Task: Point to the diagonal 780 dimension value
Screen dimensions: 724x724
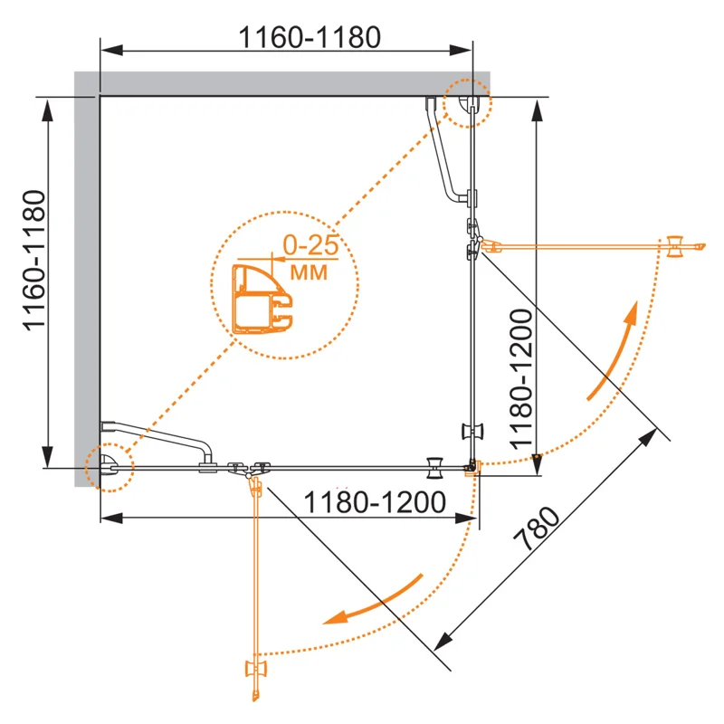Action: pos(536,531)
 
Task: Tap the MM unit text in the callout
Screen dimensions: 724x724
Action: pos(308,270)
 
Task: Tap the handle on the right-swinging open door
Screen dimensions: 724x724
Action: pos(674,246)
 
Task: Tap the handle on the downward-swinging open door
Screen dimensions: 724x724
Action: pos(255,671)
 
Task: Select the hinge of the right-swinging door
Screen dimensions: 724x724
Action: pos(475,244)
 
